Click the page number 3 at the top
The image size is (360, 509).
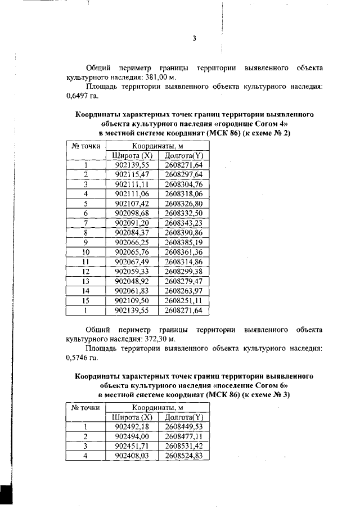194,39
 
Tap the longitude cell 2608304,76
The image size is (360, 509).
184,184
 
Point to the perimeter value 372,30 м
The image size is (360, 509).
159,339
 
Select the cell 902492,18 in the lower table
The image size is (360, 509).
132,427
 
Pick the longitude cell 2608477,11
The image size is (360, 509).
184,436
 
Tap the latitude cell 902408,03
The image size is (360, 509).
132,456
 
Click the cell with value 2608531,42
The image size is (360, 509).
184,446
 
